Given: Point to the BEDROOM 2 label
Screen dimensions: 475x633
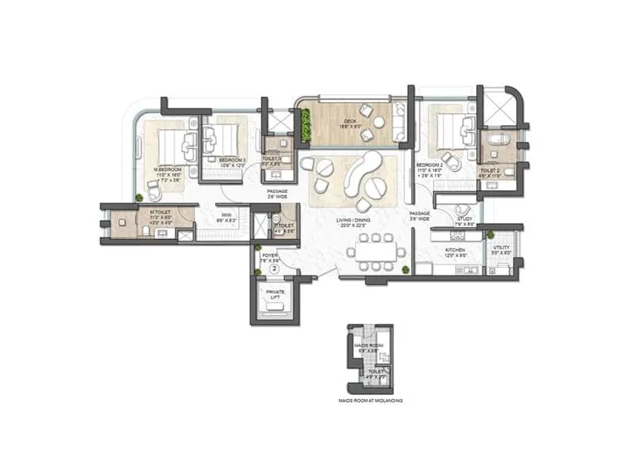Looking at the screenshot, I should click(x=432, y=165).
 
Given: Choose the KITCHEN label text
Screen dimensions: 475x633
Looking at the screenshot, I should click(x=455, y=250).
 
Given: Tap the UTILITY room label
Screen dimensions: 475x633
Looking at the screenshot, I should click(x=500, y=250).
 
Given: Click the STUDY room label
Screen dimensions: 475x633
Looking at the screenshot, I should click(x=464, y=219).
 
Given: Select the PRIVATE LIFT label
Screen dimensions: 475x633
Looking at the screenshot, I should click(x=275, y=294).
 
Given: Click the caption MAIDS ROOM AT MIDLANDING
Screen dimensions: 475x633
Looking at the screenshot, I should click(x=371, y=401).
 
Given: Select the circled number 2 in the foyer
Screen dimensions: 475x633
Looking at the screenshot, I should click(x=274, y=269).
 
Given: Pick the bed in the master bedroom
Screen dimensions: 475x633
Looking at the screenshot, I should click(x=173, y=144).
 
